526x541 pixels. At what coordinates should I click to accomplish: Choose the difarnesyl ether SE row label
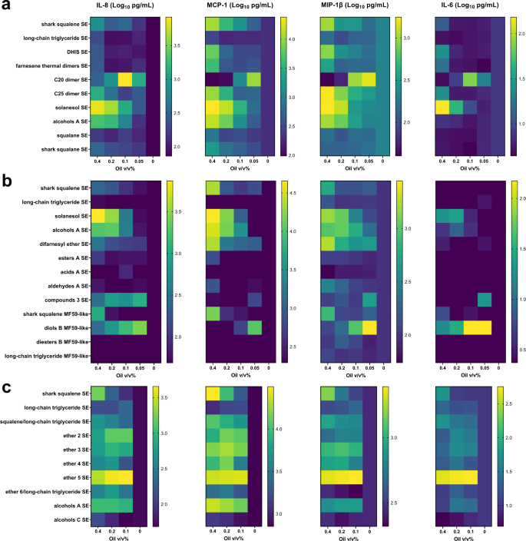pyautogui.click(x=58, y=244)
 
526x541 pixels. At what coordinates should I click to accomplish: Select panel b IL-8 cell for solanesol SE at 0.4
pyautogui.click(x=98, y=216)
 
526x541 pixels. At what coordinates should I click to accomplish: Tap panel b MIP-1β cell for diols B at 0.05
pyautogui.click(x=370, y=327)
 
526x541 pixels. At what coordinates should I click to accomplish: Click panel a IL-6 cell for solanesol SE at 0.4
pyautogui.click(x=442, y=107)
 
